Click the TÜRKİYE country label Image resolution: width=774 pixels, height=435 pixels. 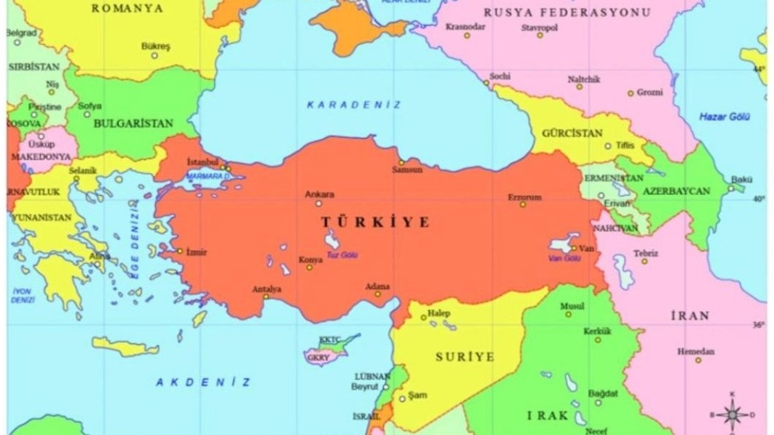[375, 223]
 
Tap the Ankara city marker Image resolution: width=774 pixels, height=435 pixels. [318, 204]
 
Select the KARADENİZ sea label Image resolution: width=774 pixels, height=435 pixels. [353, 105]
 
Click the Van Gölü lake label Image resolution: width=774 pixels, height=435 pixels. [564, 258]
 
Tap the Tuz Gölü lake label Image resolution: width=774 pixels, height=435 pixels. [342, 255]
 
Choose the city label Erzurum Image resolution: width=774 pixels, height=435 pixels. [524, 196]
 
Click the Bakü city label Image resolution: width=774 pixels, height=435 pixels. [741, 179]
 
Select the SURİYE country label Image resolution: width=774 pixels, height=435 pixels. [465, 357]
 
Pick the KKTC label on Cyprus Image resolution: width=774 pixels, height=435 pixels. [329, 339]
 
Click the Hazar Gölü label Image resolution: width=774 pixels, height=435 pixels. [724, 117]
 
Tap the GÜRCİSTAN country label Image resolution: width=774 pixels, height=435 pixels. [572, 133]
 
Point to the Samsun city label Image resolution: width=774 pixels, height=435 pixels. [407, 170]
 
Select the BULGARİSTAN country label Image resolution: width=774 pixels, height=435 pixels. [133, 123]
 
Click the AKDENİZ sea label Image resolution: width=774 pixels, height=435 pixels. [203, 382]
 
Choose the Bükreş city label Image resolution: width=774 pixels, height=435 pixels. [155, 46]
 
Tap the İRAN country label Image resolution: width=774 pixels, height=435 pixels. [689, 316]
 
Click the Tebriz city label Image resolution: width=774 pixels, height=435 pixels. [646, 253]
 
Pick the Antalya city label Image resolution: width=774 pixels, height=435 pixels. [266, 289]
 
